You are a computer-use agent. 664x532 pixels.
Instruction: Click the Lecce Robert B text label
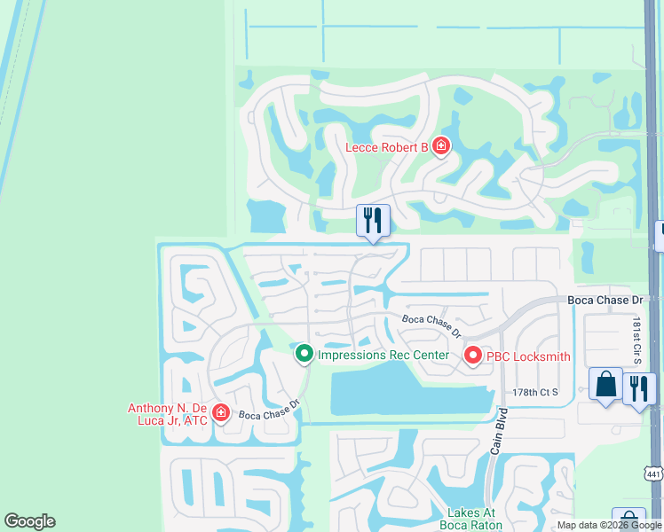[x=387, y=147]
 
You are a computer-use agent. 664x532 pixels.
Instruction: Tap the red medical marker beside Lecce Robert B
[x=440, y=146]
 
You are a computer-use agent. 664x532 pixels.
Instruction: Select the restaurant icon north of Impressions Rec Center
[x=373, y=220]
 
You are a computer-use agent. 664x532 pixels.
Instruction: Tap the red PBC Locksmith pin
[x=472, y=356]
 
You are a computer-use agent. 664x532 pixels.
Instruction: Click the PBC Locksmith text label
[x=527, y=356]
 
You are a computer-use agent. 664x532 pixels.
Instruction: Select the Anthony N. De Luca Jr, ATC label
[x=168, y=414]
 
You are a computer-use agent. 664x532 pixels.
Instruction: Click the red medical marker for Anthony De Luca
[x=220, y=413]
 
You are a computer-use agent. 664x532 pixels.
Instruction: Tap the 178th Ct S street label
[x=535, y=392]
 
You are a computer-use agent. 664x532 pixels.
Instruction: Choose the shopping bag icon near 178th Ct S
[x=606, y=385]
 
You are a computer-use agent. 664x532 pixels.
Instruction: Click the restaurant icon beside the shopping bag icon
[x=639, y=387]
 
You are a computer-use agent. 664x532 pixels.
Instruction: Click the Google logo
[x=29, y=521]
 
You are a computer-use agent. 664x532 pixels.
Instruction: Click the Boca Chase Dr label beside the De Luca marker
[x=270, y=410]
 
